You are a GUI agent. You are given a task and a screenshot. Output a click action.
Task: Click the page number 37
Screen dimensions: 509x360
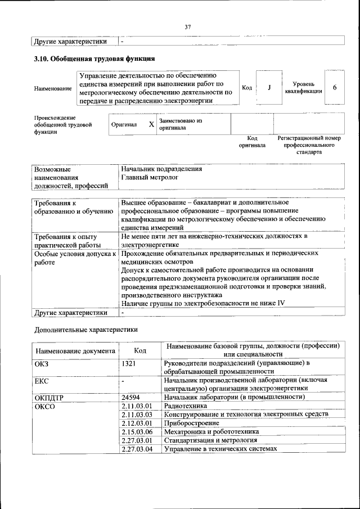(188, 26)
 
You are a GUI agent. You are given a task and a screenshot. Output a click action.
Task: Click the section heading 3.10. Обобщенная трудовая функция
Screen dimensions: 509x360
(94, 58)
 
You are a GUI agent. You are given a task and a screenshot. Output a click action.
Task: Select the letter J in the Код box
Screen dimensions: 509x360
(269, 88)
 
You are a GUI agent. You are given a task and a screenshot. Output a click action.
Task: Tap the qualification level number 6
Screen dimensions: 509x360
(335, 88)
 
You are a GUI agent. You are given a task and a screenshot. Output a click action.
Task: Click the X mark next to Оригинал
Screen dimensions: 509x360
(151, 124)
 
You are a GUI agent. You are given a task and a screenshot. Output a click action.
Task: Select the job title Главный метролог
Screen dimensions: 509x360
(149, 177)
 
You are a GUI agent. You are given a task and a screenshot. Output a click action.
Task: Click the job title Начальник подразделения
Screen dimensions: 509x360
(161, 169)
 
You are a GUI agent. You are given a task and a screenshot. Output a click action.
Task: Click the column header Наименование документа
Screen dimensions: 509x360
(75, 350)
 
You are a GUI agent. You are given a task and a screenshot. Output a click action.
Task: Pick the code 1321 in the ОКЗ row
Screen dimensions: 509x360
(129, 364)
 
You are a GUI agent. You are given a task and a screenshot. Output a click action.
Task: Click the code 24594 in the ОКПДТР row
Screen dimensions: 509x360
(130, 397)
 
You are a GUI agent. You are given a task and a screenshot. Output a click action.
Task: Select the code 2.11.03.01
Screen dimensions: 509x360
(137, 406)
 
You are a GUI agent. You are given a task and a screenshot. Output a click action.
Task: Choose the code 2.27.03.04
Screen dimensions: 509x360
(137, 449)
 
